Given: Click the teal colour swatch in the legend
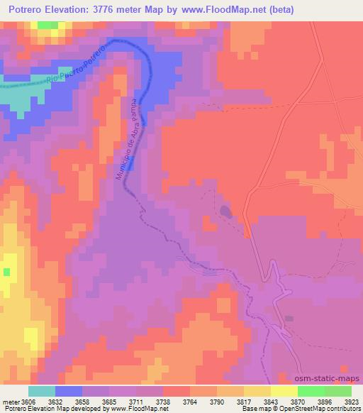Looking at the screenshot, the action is point(42,390).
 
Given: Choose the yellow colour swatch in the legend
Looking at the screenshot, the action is point(284,390).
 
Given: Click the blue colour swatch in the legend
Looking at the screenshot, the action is point(69,390).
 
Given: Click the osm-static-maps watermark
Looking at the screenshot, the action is point(333,379).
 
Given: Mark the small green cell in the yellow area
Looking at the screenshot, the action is point(6,271).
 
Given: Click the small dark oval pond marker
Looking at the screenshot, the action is point(225,211).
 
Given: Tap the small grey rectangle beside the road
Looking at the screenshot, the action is point(289,318).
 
